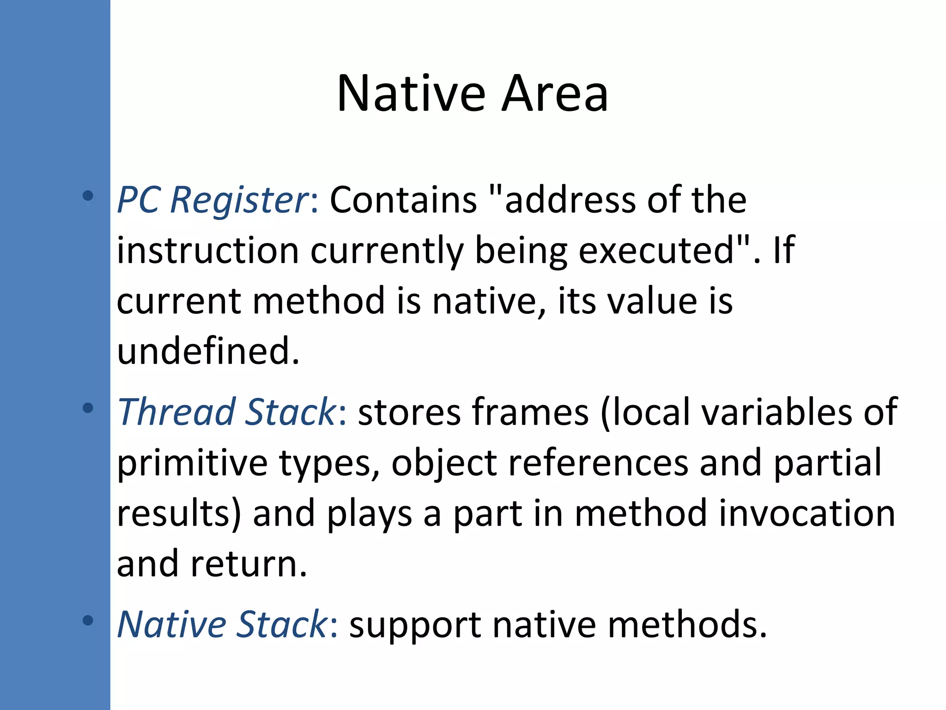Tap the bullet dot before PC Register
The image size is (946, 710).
[x=87, y=196]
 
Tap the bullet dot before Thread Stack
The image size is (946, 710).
[x=87, y=408]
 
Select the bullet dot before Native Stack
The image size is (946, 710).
[x=87, y=620]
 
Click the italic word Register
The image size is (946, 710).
[x=240, y=200]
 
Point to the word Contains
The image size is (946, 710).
[x=403, y=200]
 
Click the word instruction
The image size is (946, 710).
[x=208, y=251]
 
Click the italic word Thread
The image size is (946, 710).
[x=176, y=412]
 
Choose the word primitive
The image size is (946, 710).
[x=192, y=463]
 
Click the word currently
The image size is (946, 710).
[x=387, y=251]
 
